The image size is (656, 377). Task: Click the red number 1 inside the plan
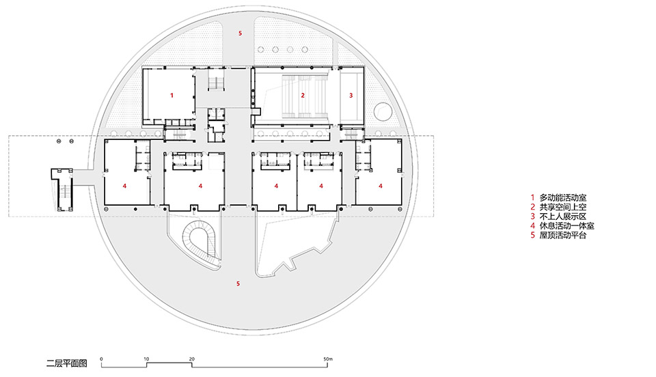172,96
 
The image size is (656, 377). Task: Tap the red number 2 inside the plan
302,96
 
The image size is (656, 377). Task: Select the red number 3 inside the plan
351,96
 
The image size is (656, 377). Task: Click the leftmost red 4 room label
124,185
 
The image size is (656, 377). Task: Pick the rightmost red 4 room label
381,185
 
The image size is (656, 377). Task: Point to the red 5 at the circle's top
239,33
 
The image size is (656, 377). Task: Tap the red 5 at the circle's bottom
238,283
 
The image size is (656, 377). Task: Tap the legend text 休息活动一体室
566,226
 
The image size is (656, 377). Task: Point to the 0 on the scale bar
101,358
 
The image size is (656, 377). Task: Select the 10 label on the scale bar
146,358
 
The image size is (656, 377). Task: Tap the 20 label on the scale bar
191,358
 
